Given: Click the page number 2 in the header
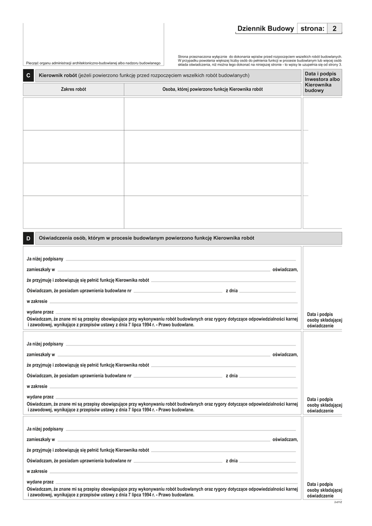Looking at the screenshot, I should tap(334, 29).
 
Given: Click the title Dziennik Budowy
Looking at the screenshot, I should tap(265, 29).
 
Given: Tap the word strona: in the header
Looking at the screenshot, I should tap(312, 29).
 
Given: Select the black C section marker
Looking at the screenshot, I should tap(28, 75).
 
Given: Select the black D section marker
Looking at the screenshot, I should tap(28, 238).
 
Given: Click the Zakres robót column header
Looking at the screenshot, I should tap(73, 89).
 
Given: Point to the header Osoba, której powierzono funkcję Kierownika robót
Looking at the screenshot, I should tap(212, 89).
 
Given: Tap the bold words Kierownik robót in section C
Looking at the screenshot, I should tap(57, 75).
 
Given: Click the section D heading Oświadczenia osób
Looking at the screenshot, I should tap(146, 238).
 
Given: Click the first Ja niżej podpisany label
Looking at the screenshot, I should tap(45, 259).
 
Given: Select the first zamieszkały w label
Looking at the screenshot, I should tap(40, 270).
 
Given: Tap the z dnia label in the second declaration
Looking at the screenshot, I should tap(231, 376).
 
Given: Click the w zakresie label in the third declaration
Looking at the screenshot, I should tap(37, 471).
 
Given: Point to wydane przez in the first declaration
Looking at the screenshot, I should tap(40, 312).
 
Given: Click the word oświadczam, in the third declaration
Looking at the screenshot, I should tap(285, 439).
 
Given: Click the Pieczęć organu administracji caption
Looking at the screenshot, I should tap(93, 63).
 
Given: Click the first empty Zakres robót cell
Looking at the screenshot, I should tap(73, 114).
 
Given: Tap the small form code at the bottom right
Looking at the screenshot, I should tap(338, 501).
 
